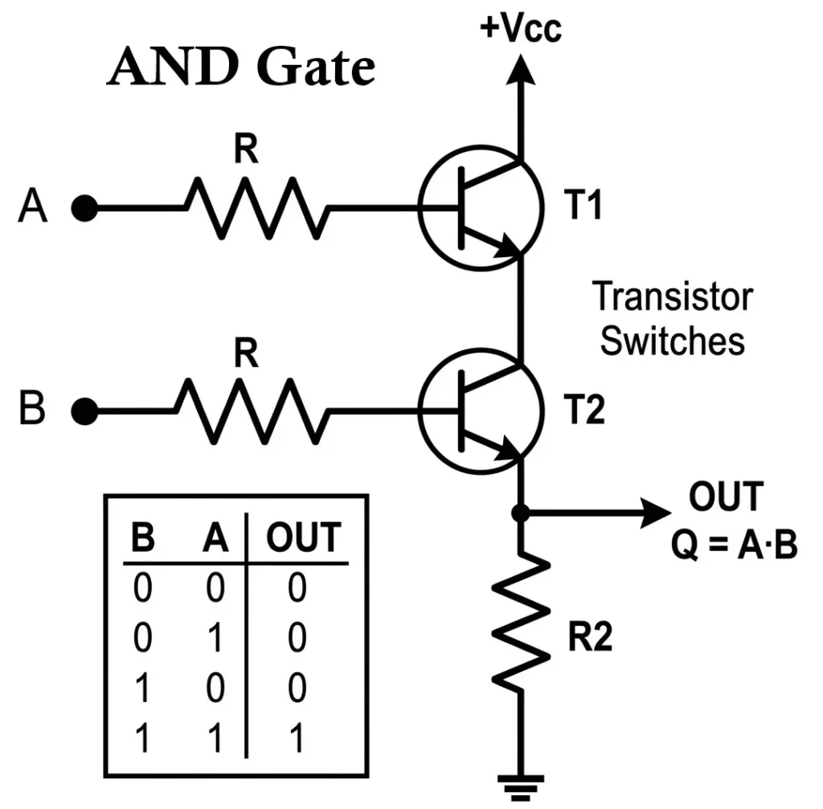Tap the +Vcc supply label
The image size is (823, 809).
tap(521, 27)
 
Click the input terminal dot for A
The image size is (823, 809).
tap(84, 209)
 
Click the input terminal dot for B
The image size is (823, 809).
tap(84, 412)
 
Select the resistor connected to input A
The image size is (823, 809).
tap(257, 208)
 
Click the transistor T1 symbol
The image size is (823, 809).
tap(479, 209)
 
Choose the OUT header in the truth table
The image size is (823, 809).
tap(303, 537)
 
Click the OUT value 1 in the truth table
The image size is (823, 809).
tap(297, 738)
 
